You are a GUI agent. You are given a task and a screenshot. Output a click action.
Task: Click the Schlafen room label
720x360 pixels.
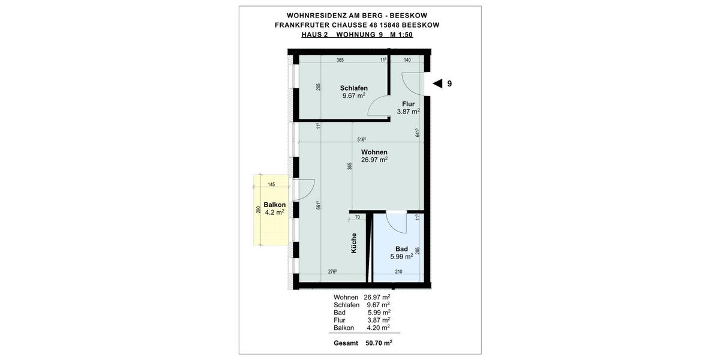tap(353, 88)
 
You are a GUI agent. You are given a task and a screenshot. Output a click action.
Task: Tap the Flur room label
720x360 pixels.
tap(408, 104)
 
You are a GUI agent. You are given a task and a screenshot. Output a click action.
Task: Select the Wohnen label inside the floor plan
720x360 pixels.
tap(374, 152)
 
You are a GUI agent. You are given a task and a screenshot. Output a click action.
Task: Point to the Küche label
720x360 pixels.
tap(354, 242)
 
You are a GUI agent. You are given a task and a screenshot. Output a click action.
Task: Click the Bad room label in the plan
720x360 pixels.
tap(401, 249)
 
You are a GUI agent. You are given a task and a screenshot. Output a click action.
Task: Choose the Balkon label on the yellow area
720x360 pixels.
tap(274, 205)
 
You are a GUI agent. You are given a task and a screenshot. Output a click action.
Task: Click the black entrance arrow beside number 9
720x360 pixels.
tap(437, 83)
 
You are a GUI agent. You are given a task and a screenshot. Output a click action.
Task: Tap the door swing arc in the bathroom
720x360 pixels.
tap(396, 224)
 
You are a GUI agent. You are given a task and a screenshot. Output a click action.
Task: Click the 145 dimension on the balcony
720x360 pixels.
tap(271, 184)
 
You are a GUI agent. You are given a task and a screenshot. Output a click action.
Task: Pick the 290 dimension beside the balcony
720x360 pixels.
tap(258, 210)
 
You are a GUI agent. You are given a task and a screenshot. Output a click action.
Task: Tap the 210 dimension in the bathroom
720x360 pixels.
tap(398, 272)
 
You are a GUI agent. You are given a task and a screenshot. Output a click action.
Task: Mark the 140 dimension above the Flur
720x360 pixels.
tap(407, 60)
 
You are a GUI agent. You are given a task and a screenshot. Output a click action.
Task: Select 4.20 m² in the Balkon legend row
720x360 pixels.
tap(378, 328)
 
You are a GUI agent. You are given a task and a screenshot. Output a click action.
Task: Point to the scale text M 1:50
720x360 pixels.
tap(401, 35)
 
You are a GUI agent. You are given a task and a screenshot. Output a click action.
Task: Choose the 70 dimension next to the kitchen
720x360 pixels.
tap(358, 217)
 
